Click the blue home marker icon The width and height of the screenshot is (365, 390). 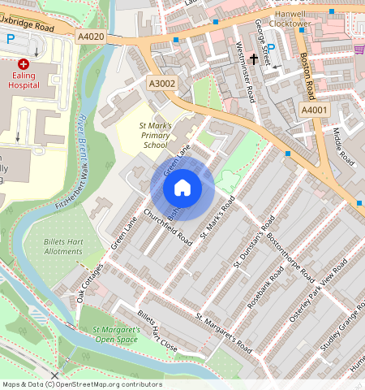click(x=182, y=188)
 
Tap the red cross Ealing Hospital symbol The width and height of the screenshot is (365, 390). click(x=23, y=63)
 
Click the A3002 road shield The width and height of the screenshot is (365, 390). click(x=161, y=82)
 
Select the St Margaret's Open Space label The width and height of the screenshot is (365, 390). click(x=116, y=336)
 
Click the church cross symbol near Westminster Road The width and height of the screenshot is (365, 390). click(x=253, y=59)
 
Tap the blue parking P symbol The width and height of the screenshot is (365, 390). click(x=11, y=38)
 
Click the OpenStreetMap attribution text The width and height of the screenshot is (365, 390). click(x=81, y=384)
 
